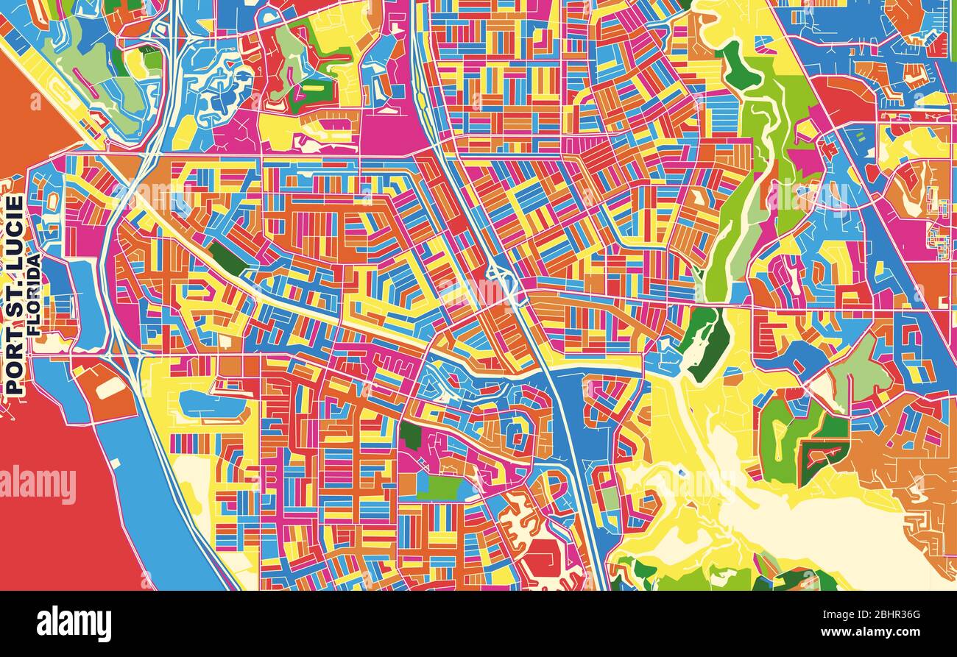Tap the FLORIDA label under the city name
[x=34, y=295]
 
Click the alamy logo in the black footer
[x=74, y=623]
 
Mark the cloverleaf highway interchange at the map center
[x=501, y=283]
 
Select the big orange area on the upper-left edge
[x=29, y=110]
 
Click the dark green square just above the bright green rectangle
[x=410, y=436]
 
